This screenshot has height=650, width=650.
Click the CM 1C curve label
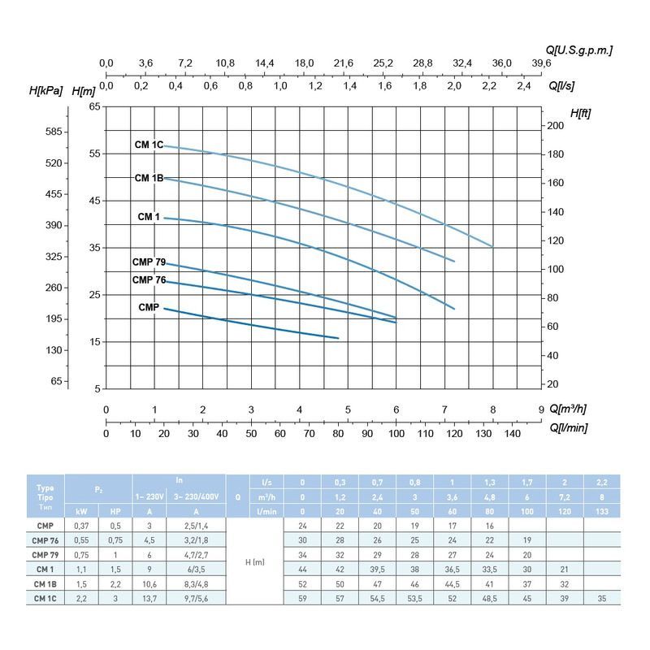(x=149, y=145)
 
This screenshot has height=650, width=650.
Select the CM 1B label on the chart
(x=149, y=178)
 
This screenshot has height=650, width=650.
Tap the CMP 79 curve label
(x=149, y=262)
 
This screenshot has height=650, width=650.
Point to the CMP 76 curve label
(x=149, y=280)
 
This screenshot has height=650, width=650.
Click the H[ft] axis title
(x=580, y=113)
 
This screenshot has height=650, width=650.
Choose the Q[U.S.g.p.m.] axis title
(x=579, y=50)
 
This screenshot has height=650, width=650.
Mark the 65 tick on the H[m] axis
(x=94, y=107)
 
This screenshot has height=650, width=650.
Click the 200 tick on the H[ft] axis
(x=555, y=126)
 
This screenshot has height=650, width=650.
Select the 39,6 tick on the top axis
(x=541, y=63)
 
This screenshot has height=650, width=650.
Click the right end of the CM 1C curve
(x=492, y=246)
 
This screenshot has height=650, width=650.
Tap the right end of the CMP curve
(x=338, y=338)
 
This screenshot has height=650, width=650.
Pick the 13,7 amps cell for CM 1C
(x=149, y=598)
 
